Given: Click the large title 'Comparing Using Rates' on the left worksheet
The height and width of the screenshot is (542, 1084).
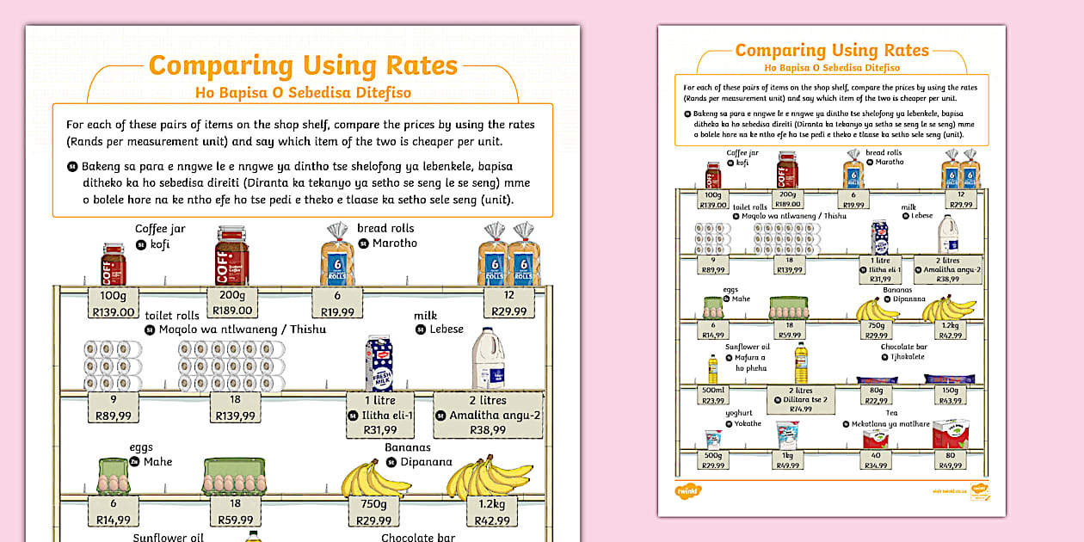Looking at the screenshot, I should [303, 66].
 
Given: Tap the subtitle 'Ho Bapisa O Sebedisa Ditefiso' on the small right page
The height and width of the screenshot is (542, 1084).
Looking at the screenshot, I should [832, 67].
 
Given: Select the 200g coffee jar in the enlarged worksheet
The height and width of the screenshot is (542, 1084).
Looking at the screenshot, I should [232, 256].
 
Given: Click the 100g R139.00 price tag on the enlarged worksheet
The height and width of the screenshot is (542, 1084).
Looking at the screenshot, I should [113, 304].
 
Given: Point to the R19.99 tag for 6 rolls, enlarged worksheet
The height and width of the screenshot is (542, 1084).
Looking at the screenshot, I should [337, 304].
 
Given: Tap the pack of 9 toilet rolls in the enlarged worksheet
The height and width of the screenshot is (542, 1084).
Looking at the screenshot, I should [113, 366].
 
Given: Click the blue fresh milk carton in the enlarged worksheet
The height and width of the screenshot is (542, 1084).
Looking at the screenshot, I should [379, 362].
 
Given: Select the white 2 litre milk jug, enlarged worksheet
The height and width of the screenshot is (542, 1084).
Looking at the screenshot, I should [488, 358].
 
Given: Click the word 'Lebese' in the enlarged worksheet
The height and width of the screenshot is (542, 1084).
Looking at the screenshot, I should [447, 330].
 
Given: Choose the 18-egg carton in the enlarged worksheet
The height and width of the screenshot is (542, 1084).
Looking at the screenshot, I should [233, 476].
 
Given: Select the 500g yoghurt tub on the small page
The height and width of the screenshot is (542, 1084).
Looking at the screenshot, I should [713, 438].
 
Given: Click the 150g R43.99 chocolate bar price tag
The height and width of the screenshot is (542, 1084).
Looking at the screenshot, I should [950, 395].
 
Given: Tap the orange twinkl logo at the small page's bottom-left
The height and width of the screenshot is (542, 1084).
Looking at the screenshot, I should [689, 490].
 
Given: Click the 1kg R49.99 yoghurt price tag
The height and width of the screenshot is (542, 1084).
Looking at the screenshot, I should [787, 459].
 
